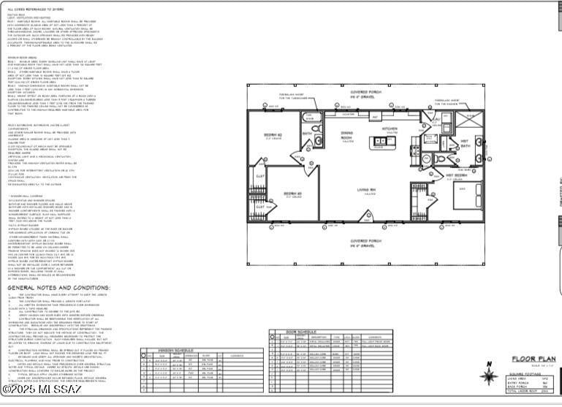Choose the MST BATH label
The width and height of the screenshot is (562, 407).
pos(465,145)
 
